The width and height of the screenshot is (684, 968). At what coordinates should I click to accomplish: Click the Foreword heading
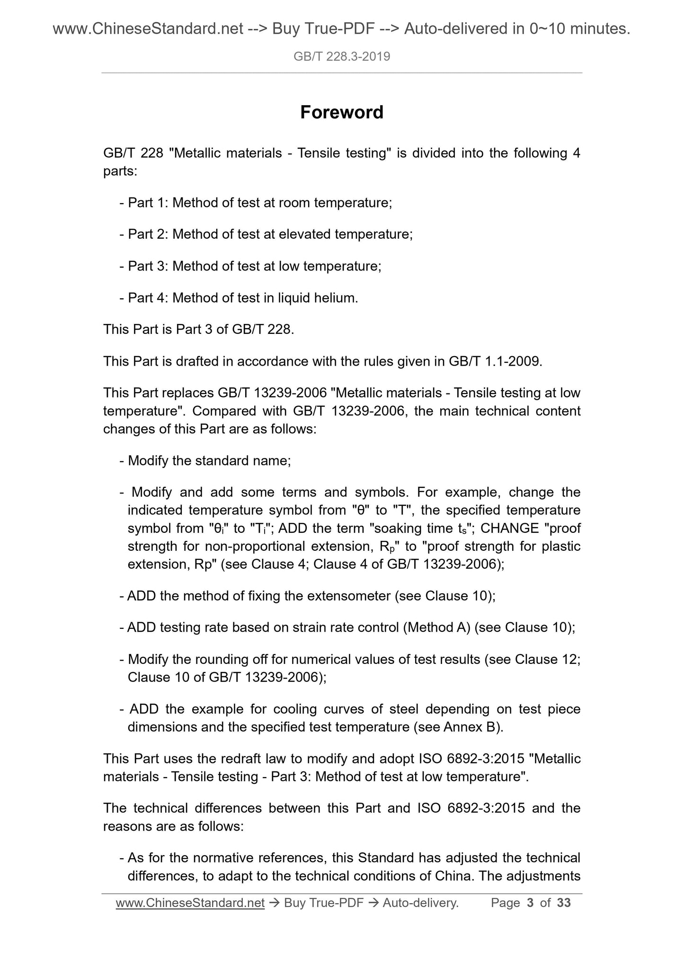click(342, 113)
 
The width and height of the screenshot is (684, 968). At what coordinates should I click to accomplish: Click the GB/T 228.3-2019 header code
click(342, 57)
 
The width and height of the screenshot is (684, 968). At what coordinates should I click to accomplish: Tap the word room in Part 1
click(294, 203)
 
